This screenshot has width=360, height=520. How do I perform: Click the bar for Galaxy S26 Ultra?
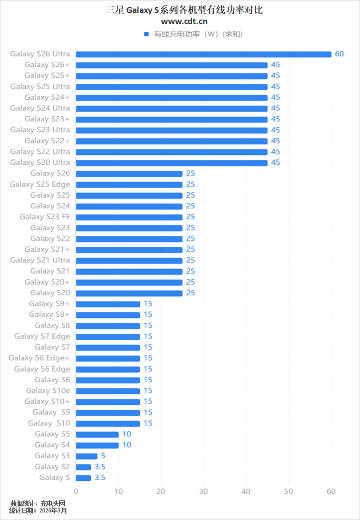click(204, 54)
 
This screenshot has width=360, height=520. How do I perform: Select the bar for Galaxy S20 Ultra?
click(171, 162)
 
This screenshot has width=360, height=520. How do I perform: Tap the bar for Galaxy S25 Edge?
click(129, 185)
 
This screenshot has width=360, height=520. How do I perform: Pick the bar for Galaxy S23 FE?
click(129, 217)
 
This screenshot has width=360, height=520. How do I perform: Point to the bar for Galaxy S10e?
click(108, 391)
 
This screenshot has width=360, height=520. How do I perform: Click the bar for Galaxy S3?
click(86, 456)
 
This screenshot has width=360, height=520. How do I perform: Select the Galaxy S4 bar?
click(97, 445)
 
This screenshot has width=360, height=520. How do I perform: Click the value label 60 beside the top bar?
click(339, 54)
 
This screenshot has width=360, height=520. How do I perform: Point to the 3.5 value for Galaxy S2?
click(100, 467)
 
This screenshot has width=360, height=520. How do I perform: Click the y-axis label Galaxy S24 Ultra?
click(40, 108)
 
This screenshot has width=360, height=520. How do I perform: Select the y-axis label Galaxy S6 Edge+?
click(39, 358)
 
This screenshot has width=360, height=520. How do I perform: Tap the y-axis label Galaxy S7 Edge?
click(42, 336)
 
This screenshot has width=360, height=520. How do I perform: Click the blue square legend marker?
click(146, 34)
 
